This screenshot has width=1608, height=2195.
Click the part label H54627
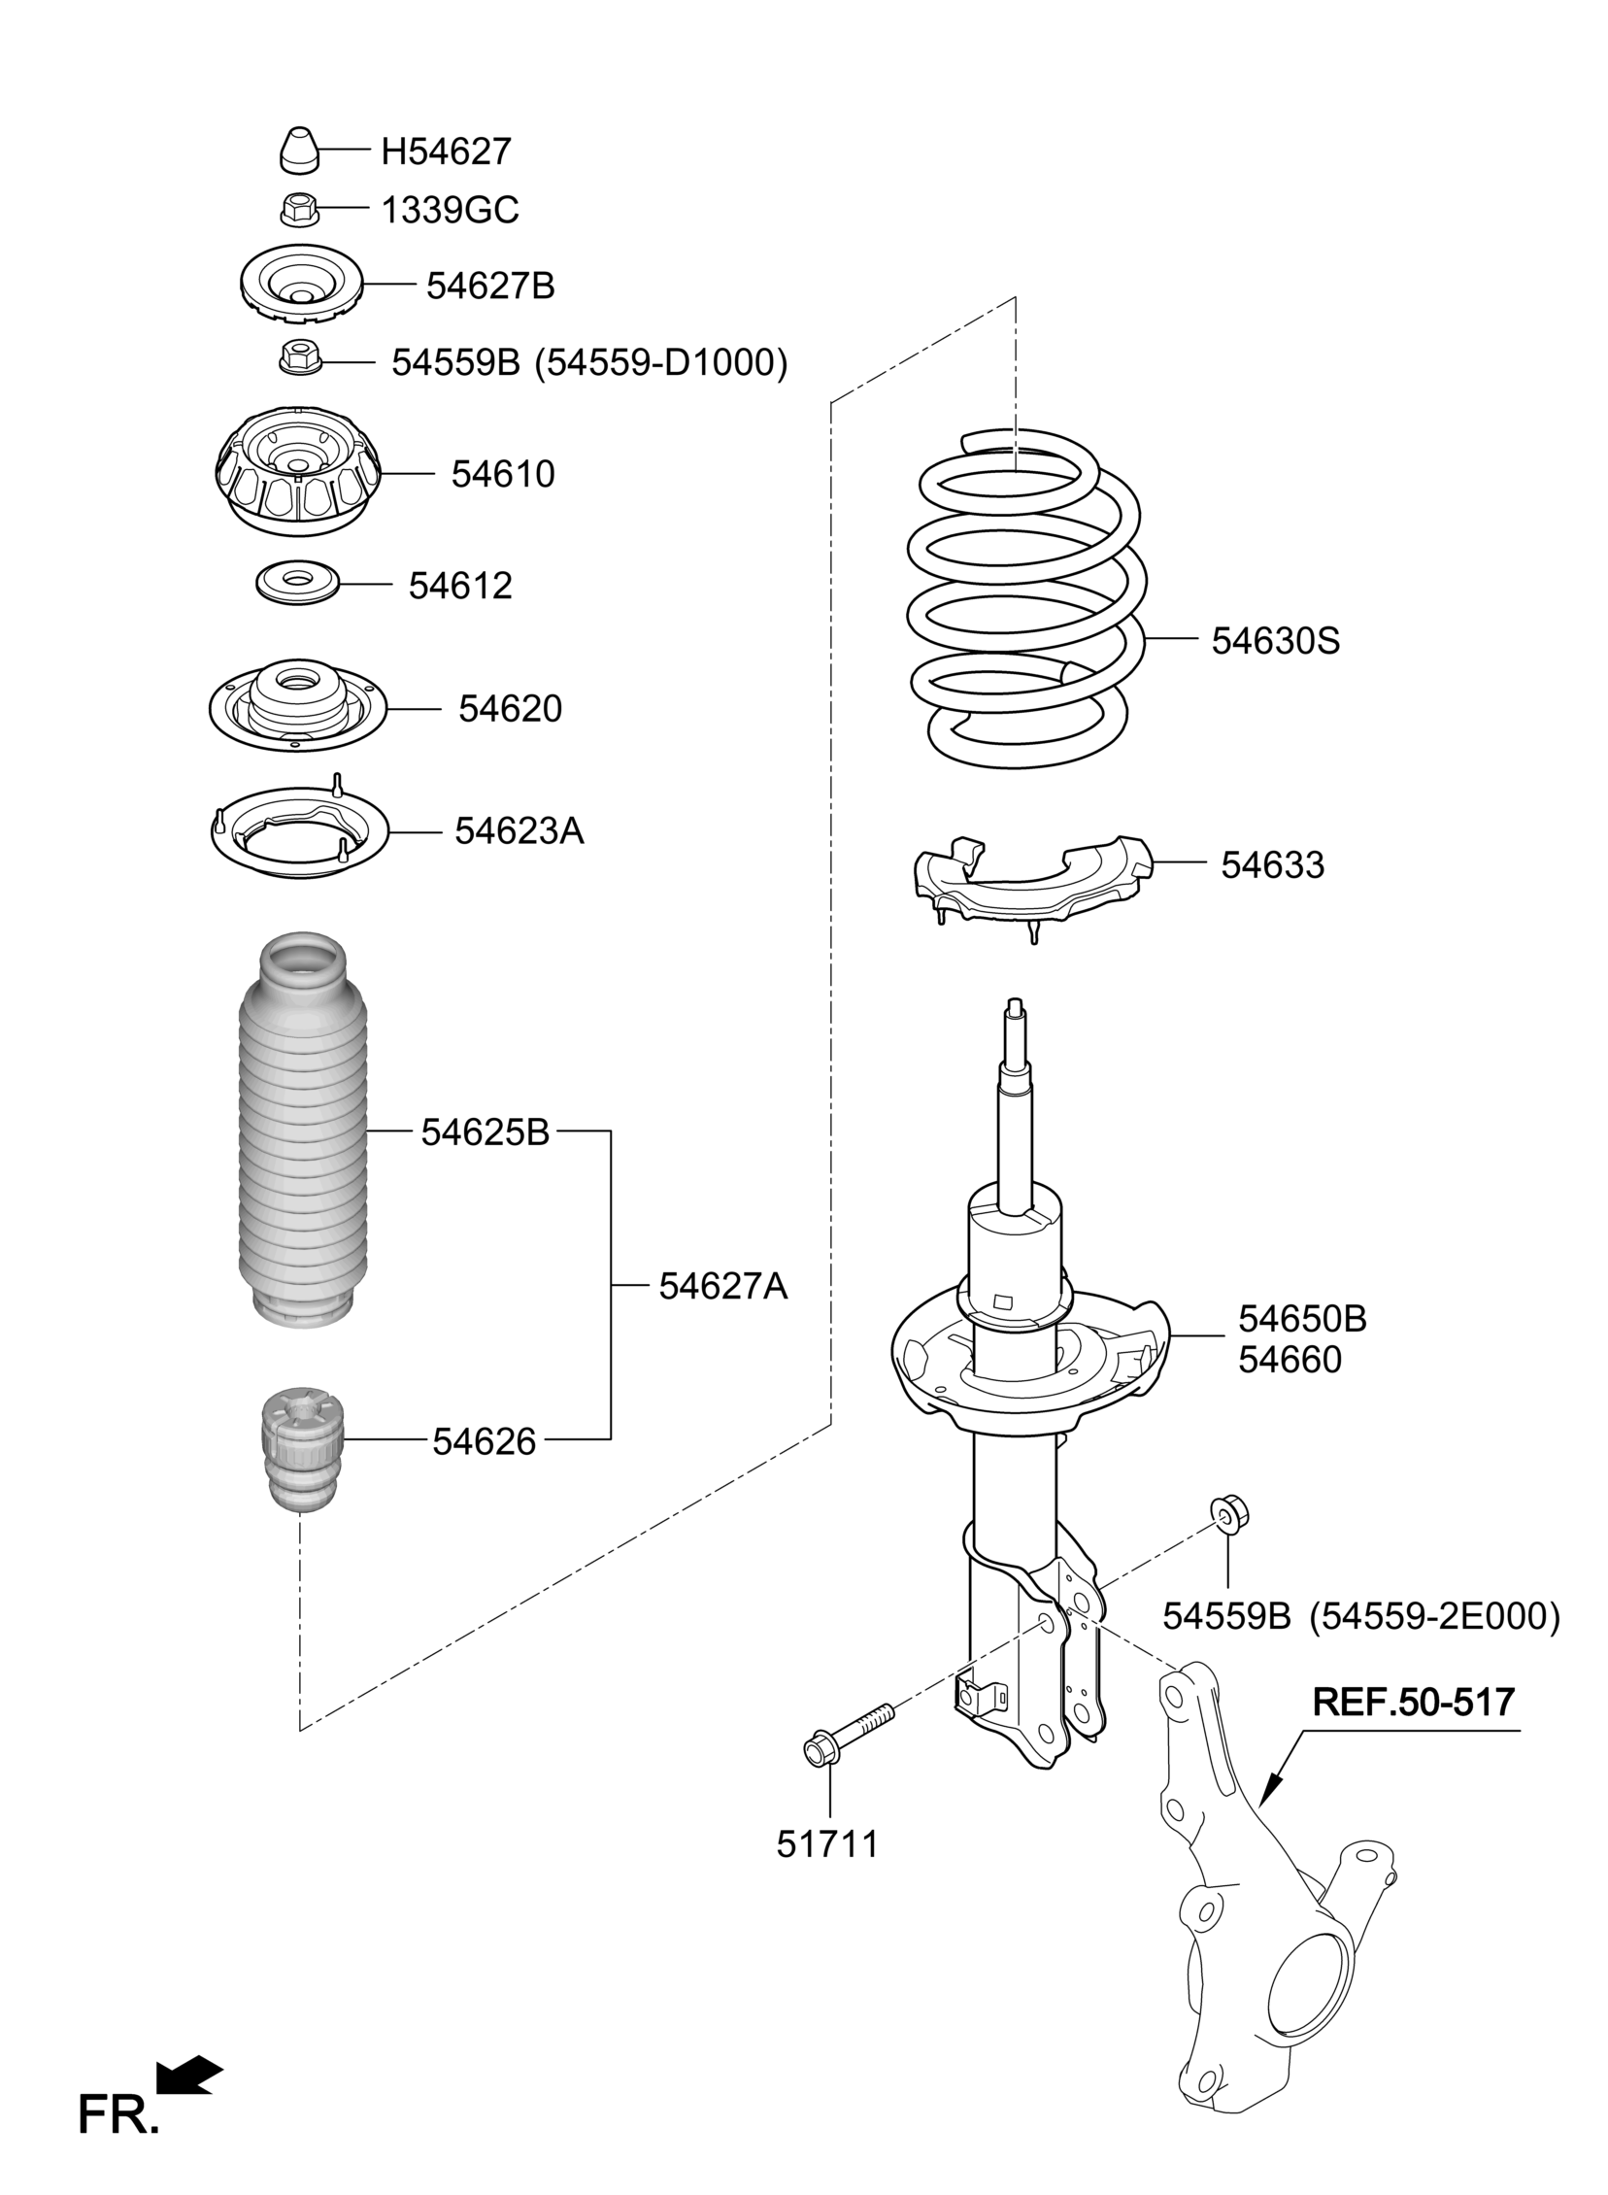click(446, 151)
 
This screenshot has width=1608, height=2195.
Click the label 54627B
click(490, 286)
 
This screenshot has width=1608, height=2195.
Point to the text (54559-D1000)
click(661, 362)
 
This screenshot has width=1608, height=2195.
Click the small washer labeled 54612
click(297, 583)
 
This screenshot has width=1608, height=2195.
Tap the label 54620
click(510, 709)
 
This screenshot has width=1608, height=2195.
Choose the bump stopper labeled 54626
click(303, 1452)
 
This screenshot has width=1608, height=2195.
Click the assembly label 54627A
click(723, 1286)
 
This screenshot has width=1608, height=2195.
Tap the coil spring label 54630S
click(1275, 640)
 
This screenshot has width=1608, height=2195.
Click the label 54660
click(1290, 1360)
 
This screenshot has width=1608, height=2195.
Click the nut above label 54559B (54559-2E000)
click(1229, 1513)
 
